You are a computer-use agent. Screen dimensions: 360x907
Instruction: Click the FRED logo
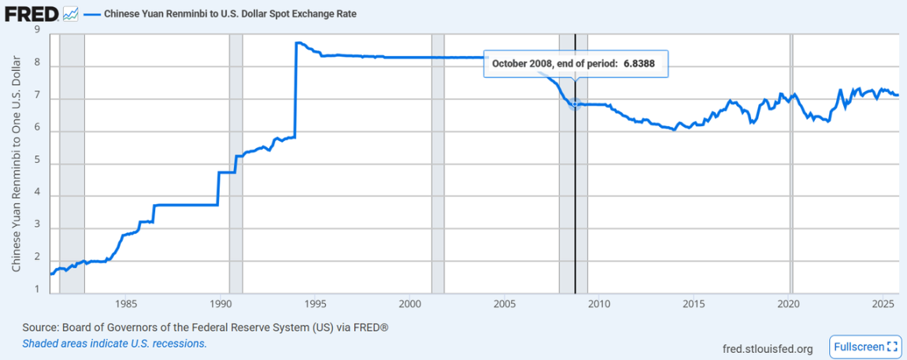click(x=32, y=13)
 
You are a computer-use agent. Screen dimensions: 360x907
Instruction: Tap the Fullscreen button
click(x=864, y=347)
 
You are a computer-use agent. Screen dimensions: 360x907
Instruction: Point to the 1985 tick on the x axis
click(x=124, y=303)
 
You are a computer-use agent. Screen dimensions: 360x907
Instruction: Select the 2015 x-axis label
click(x=694, y=303)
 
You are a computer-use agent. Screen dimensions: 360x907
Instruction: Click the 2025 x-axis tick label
click(x=883, y=303)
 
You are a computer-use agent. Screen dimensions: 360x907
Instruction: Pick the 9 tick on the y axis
click(x=38, y=31)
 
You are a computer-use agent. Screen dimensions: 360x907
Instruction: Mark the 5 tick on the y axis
click(x=38, y=163)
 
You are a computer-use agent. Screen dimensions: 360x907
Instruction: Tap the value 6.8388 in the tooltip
click(x=639, y=64)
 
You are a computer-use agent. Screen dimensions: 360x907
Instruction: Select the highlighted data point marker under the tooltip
click(x=575, y=103)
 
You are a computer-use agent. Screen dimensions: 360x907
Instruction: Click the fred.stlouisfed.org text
click(x=768, y=347)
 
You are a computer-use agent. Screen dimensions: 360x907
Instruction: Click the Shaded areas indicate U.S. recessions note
click(x=114, y=343)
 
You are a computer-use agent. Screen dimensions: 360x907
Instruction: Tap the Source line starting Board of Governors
click(x=205, y=327)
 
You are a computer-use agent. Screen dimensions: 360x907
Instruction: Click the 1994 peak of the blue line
click(x=297, y=43)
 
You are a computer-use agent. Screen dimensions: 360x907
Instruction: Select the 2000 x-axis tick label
click(x=409, y=303)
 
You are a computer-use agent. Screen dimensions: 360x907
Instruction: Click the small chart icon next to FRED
click(x=70, y=13)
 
